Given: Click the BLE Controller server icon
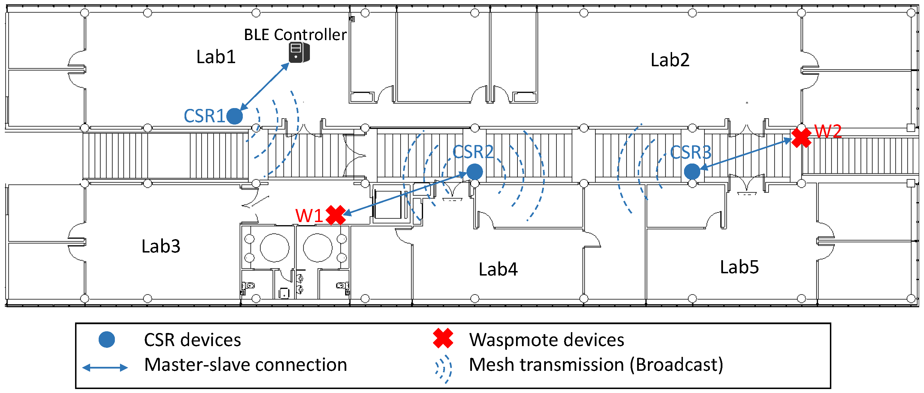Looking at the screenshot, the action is [x=299, y=52].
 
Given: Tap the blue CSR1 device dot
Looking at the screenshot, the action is [x=235, y=116].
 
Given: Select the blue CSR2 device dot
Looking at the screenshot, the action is [x=475, y=171].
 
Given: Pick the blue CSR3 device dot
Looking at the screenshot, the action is [x=692, y=171].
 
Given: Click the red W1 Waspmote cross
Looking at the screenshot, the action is [x=336, y=215].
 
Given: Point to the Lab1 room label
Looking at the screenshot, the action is [x=216, y=57].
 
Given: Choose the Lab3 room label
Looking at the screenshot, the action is [x=161, y=246].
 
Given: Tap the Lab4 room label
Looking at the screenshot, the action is [x=498, y=269].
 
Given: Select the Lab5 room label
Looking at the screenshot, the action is [x=739, y=267].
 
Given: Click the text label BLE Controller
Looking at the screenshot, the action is [x=295, y=35].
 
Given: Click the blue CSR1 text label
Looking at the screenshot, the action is [x=204, y=116].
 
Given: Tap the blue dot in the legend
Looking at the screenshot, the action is [x=107, y=340].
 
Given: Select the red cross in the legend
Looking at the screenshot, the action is [x=443, y=338].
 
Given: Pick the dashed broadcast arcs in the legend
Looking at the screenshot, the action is [x=444, y=369].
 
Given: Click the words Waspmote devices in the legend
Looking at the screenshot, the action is [x=547, y=340].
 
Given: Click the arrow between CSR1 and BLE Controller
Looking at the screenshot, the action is [x=264, y=86].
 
